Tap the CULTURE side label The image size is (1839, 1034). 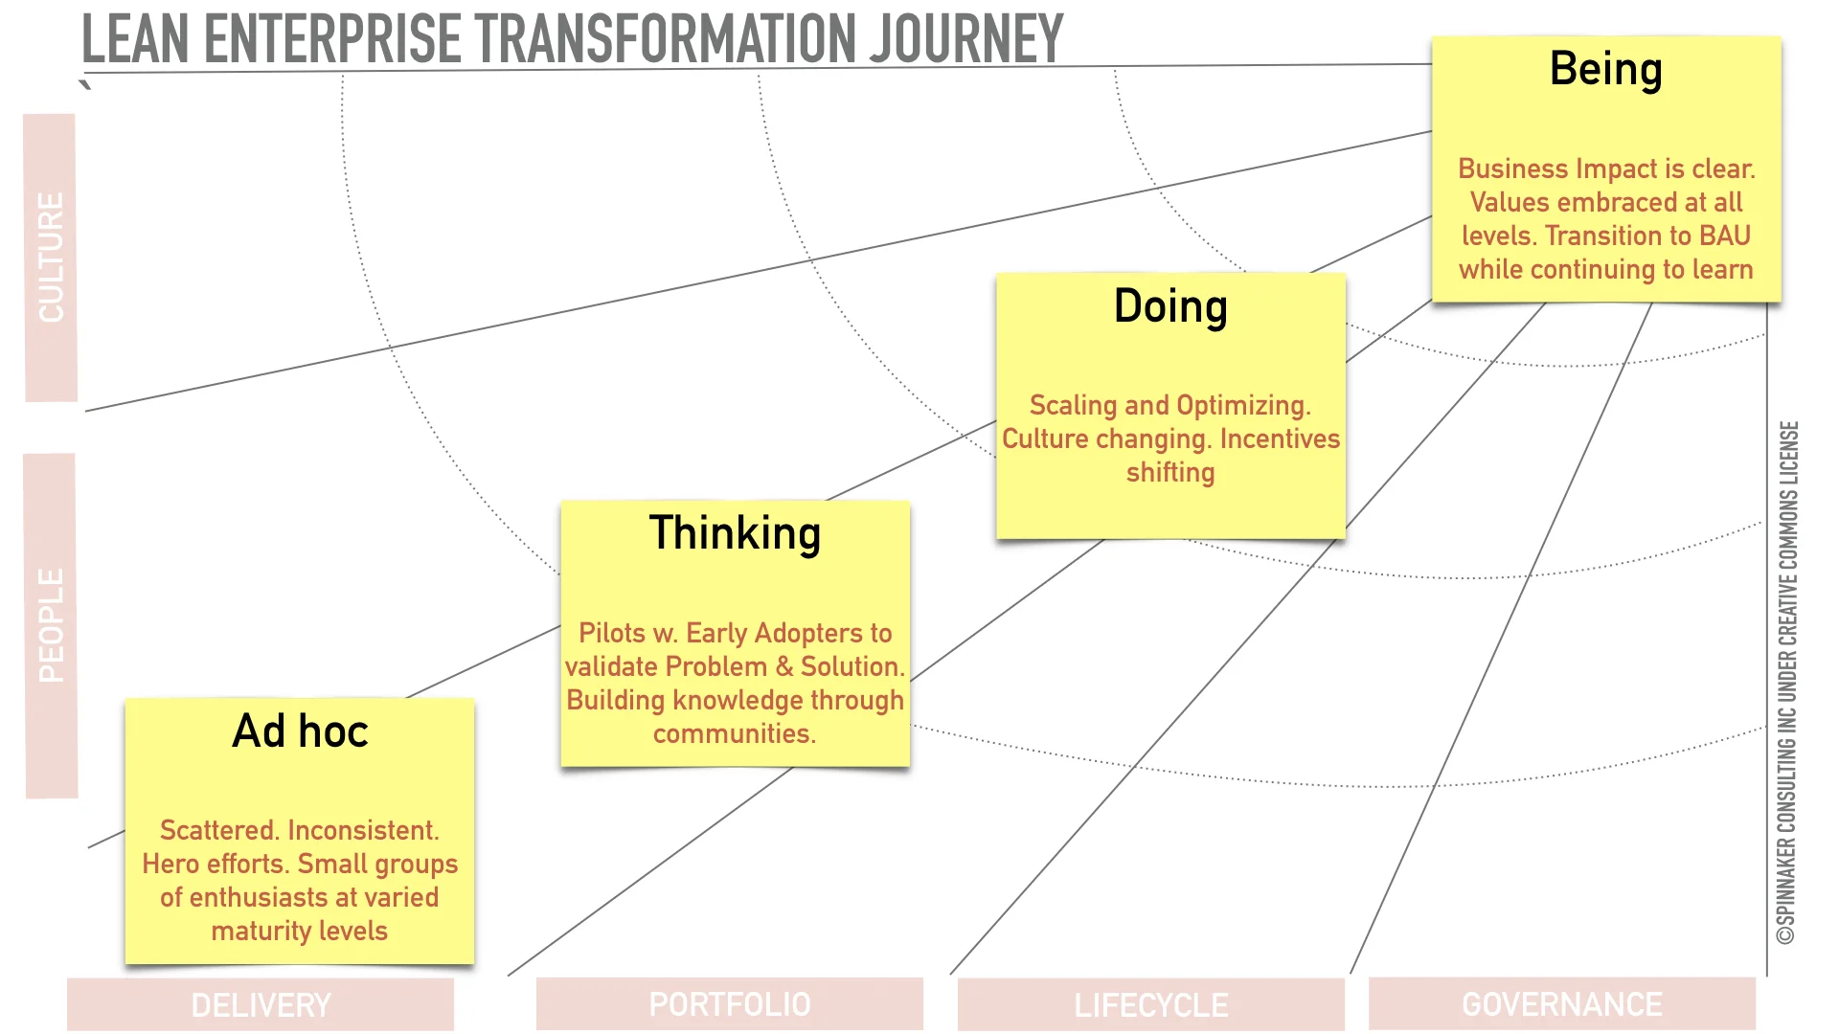coord(50,257)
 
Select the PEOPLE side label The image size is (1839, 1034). coord(51,624)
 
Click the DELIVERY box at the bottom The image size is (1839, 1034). coord(261,1004)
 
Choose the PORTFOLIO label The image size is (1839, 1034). coord(729,1004)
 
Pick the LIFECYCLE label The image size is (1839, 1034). coord(1150,1004)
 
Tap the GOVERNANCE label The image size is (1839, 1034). coord(1561,1004)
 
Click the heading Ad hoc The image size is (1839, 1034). coord(300,731)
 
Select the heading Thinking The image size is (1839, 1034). coord(735,533)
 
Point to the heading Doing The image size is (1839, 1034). coord(1169,306)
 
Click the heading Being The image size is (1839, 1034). coord(1605,69)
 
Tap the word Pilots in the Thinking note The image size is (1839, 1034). coord(612,633)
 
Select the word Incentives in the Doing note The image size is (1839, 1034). coord(1280,438)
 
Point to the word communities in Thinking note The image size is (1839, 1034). coord(734,733)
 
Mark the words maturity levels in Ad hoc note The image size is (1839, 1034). coord(299,931)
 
